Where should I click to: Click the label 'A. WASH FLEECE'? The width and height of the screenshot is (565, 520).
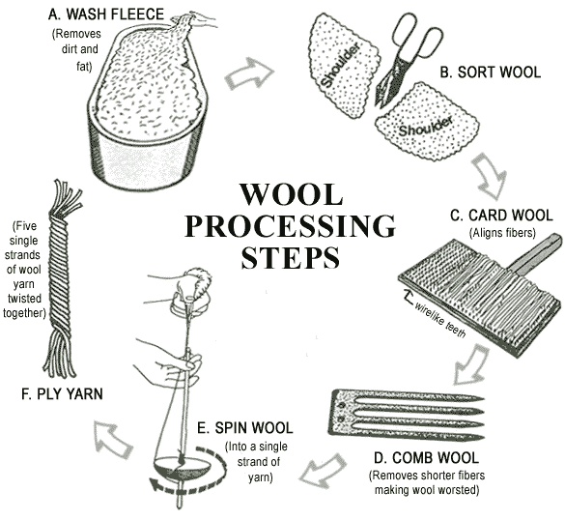coord(110,14)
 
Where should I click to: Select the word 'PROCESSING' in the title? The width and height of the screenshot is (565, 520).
coord(290,226)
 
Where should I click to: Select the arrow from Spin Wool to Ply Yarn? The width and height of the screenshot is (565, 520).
coord(114,437)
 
